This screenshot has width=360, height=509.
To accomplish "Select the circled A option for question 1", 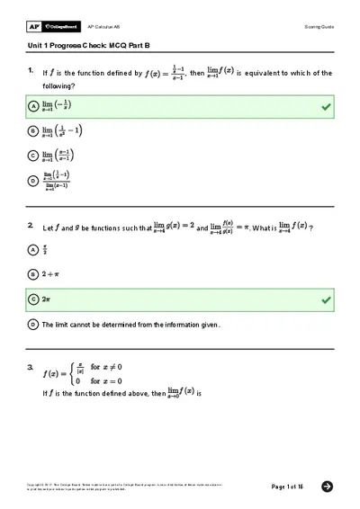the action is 33,106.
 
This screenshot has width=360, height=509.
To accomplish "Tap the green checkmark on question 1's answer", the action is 325,106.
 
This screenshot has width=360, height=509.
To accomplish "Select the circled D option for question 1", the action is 33,181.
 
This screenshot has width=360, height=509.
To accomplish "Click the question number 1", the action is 31,69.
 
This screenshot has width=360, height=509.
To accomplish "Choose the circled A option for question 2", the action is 33,249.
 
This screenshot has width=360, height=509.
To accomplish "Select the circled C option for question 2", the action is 33,298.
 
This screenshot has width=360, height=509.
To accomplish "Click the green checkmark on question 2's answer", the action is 325,298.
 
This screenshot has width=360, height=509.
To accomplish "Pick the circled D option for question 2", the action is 33,323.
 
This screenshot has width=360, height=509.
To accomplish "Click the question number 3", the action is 31,367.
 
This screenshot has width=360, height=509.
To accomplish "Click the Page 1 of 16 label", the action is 287,487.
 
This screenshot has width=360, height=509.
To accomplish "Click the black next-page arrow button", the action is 327,487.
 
